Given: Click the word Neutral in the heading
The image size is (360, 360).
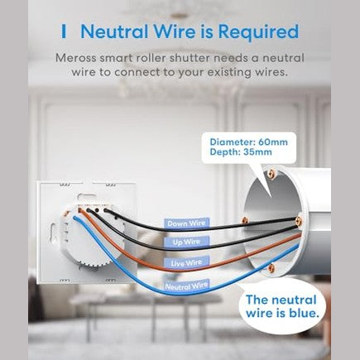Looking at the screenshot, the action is tap(114, 31).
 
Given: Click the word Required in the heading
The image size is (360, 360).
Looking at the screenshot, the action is tap(259, 32).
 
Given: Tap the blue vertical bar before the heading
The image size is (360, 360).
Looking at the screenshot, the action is tap(64, 31).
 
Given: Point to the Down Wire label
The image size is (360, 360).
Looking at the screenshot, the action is tap(186, 223).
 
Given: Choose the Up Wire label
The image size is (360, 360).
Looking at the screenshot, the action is tap(186, 242).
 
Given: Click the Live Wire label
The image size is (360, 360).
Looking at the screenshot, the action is tap(186, 262).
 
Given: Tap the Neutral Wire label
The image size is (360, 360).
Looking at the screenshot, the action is tap(186, 286).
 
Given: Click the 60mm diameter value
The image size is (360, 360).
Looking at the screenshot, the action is tap(273, 142).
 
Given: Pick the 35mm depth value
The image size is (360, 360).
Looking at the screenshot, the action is tap(257, 152).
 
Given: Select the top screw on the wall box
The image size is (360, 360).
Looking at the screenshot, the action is tap(271, 174).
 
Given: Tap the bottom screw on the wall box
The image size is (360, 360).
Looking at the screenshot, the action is tap(271, 267).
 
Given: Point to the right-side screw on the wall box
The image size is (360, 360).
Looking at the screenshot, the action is tap(299, 220).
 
